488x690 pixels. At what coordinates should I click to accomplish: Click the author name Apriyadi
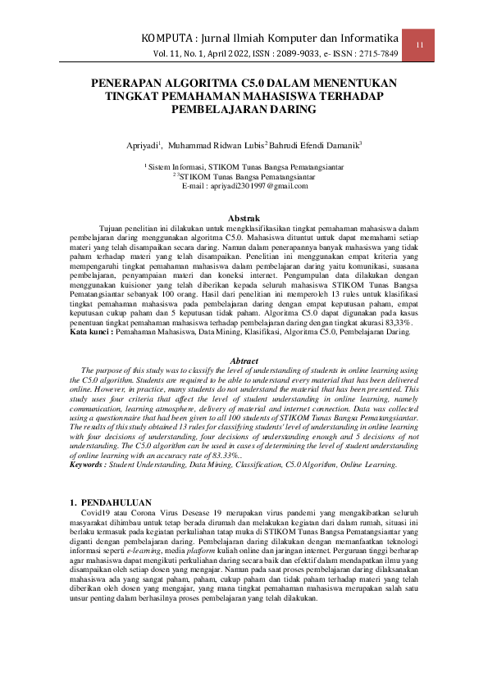point(143,145)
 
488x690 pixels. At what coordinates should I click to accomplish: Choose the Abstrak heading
point(244,218)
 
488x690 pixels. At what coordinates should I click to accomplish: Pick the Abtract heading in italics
point(244,361)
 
